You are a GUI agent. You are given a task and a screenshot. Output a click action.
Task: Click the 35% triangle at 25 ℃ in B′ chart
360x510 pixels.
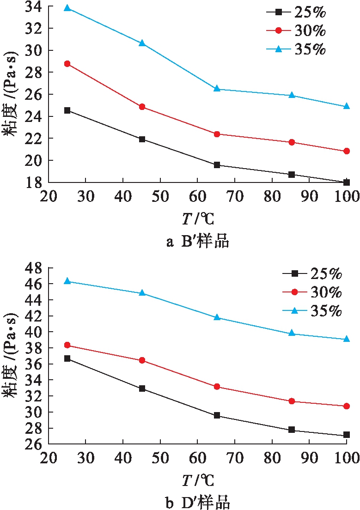click(67, 8)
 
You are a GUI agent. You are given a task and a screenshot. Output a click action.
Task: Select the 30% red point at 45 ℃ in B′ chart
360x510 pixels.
click(142, 107)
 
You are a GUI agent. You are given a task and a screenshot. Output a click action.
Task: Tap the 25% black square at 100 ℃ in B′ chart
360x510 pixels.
click(347, 182)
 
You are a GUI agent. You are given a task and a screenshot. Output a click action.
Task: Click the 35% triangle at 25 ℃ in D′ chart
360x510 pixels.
click(67, 281)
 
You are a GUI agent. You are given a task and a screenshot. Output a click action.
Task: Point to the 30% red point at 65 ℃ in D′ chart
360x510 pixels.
click(217, 387)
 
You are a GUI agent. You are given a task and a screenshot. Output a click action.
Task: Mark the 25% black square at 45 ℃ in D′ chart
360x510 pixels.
click(142, 389)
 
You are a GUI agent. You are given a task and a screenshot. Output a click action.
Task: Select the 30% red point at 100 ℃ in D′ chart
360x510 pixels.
click(347, 406)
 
